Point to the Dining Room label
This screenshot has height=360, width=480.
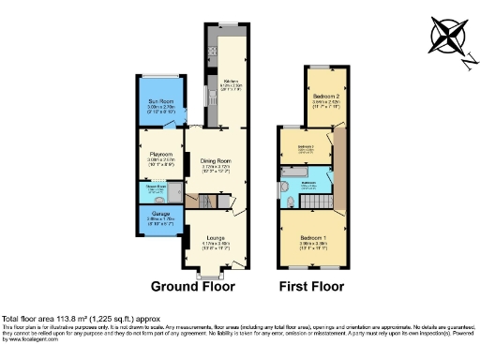[216, 161]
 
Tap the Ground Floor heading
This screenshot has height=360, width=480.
[192, 286]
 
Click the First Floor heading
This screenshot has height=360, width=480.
[312, 286]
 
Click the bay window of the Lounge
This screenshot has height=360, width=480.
[214, 274]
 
